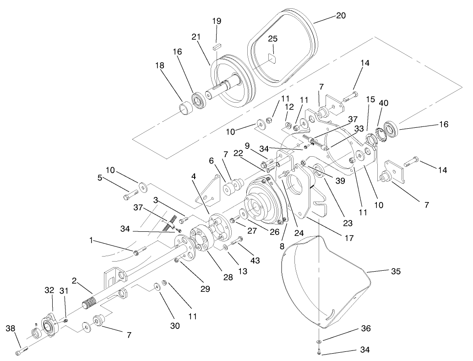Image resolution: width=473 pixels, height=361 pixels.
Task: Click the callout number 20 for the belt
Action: [340, 16]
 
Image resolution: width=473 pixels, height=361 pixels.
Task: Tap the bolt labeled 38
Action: [21, 351]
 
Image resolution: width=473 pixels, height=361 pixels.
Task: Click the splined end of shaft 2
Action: [91, 304]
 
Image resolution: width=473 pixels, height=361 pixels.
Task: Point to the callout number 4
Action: [195, 176]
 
